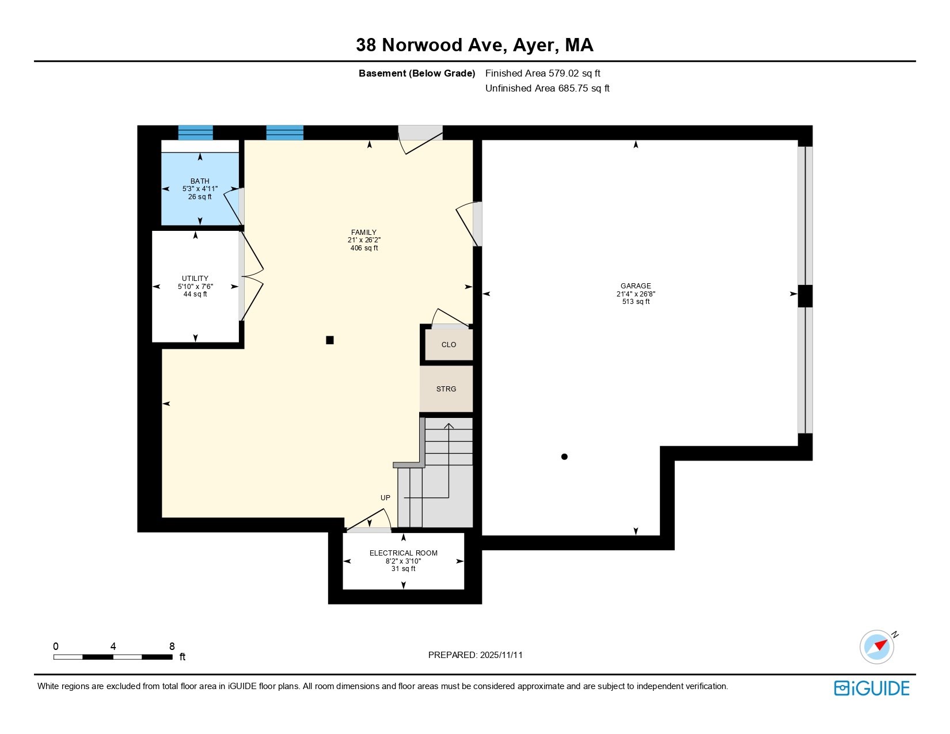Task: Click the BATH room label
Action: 200,181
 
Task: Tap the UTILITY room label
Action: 195,279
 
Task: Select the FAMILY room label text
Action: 364,233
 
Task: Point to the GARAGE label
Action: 636,286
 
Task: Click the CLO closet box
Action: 449,345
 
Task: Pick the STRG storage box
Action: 446,389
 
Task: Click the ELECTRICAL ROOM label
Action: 403,553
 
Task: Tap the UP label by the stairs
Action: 385,498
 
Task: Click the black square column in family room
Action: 330,340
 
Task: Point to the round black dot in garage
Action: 564,457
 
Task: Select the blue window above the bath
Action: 195,132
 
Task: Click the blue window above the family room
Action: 284,132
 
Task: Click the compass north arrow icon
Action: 877,646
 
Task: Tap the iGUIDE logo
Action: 872,688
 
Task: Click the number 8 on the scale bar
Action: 172,646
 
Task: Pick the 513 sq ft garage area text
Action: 636,302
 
